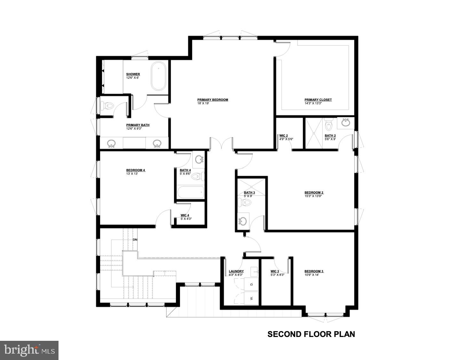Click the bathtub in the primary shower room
click(159, 76)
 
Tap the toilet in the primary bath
click(108, 105)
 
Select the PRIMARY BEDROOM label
click(213, 100)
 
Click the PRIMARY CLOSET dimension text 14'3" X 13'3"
click(313, 103)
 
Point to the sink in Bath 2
click(346, 122)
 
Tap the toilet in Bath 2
click(329, 123)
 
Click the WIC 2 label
click(284, 136)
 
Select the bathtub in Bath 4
click(191, 192)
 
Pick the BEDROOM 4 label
click(136, 170)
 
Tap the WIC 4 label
click(185, 215)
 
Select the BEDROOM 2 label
click(314, 193)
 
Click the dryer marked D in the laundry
click(251, 284)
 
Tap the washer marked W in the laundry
click(251, 298)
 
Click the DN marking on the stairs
click(135, 240)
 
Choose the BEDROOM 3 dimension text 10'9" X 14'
click(312, 275)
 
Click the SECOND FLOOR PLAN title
click(311, 334)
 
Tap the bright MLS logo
click(29, 350)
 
